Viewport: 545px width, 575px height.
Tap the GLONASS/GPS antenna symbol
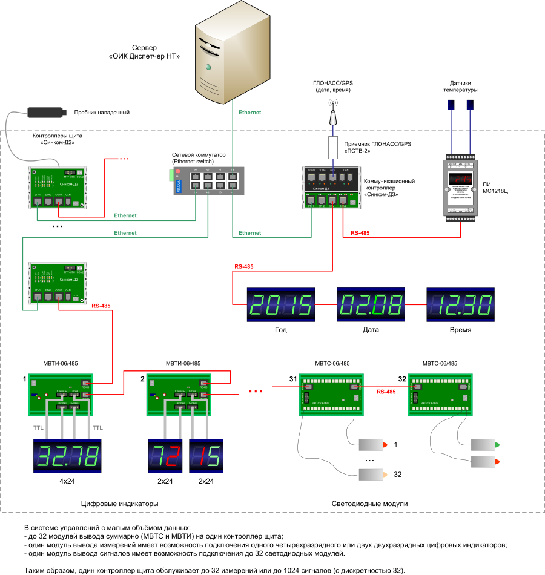point(332,111)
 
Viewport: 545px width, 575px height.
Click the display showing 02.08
point(371,304)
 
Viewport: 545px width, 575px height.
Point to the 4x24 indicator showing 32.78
point(66,457)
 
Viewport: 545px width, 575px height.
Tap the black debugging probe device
point(46,112)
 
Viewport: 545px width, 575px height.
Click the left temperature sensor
point(451,104)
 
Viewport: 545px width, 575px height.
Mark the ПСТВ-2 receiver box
point(332,146)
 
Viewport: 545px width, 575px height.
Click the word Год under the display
point(281,330)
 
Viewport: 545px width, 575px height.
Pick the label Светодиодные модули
point(369,504)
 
